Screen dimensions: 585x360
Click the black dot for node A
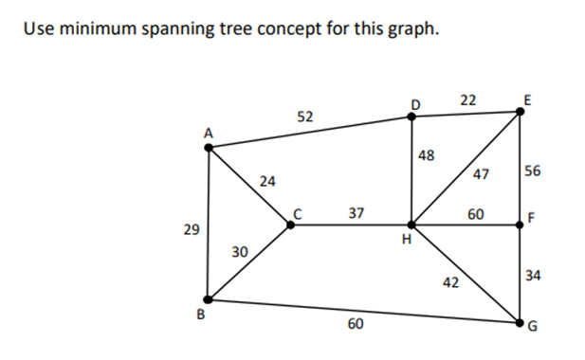[x=209, y=147]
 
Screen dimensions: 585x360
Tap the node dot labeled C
[x=290, y=225]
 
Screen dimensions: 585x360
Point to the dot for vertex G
[x=521, y=323]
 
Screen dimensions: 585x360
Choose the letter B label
[x=201, y=315]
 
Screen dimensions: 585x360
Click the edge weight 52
[x=304, y=117]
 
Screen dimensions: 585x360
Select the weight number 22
[x=467, y=99]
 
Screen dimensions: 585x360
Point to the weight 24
[x=267, y=180]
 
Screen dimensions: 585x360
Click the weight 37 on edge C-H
[x=356, y=213]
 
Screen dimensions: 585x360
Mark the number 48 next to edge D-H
[x=426, y=155]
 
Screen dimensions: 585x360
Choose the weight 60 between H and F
[x=476, y=214]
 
